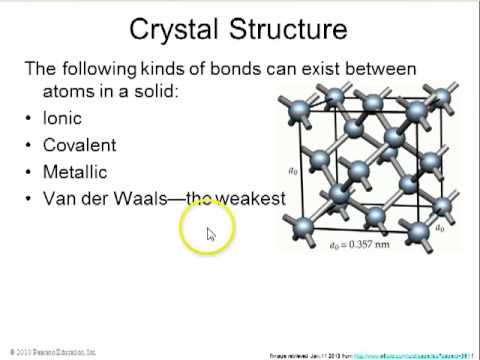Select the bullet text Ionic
[x=62, y=118]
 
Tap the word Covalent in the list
[x=79, y=145]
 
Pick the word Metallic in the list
[x=75, y=172]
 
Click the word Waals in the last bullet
[x=153, y=199]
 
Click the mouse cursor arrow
[x=211, y=235]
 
